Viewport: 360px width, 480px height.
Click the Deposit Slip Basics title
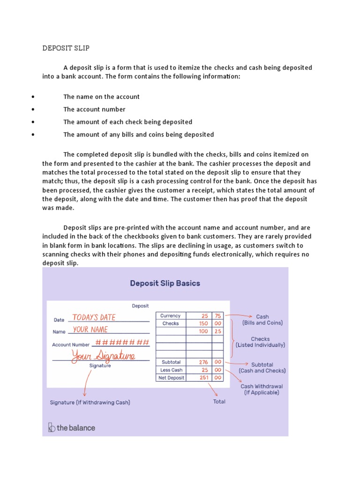click(x=165, y=283)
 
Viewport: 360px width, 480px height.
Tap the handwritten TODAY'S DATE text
click(x=94, y=317)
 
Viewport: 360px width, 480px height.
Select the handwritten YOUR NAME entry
click(x=90, y=330)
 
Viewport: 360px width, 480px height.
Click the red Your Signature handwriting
click(x=103, y=356)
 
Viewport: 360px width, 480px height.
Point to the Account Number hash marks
click(x=122, y=342)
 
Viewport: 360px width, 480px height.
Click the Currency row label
click(x=170, y=316)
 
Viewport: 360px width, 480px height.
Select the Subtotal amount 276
click(x=203, y=362)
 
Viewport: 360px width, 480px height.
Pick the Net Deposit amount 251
click(x=203, y=377)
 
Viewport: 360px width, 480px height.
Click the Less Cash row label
click(x=171, y=370)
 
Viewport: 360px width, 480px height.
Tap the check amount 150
click(x=203, y=323)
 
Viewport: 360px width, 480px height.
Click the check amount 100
click(x=203, y=331)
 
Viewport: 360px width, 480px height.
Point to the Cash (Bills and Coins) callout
click(x=262, y=320)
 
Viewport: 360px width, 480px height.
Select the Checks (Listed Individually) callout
click(x=261, y=342)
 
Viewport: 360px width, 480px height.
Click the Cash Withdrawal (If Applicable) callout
click(x=262, y=390)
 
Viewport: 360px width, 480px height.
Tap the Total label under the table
click(x=219, y=402)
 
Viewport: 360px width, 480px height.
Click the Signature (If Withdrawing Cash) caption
click(x=90, y=402)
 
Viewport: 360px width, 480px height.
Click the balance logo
click(x=72, y=427)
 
